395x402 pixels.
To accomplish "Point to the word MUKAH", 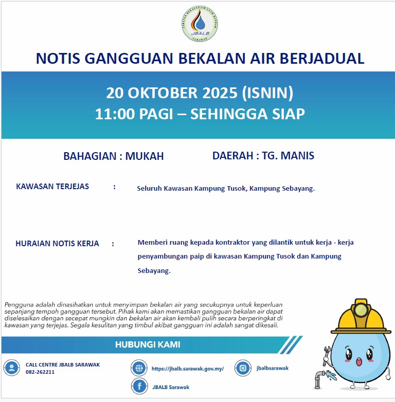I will click(145, 156).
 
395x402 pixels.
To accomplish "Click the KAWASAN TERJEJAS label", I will click(52, 187).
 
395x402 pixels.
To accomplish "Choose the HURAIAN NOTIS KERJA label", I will click(57, 244).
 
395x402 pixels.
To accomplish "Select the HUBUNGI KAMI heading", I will click(148, 344).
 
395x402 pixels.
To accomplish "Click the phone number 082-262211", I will click(40, 372).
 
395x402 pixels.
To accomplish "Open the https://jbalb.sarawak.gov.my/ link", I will click(188, 369).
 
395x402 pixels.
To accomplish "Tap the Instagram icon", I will click(243, 368).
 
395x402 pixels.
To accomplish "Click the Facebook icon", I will click(139, 387).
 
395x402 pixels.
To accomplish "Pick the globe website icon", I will click(139, 368).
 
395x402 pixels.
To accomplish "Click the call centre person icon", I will click(11, 368).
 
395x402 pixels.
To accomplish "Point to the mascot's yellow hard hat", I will click(360, 316).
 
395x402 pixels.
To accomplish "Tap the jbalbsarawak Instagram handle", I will click(273, 368).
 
